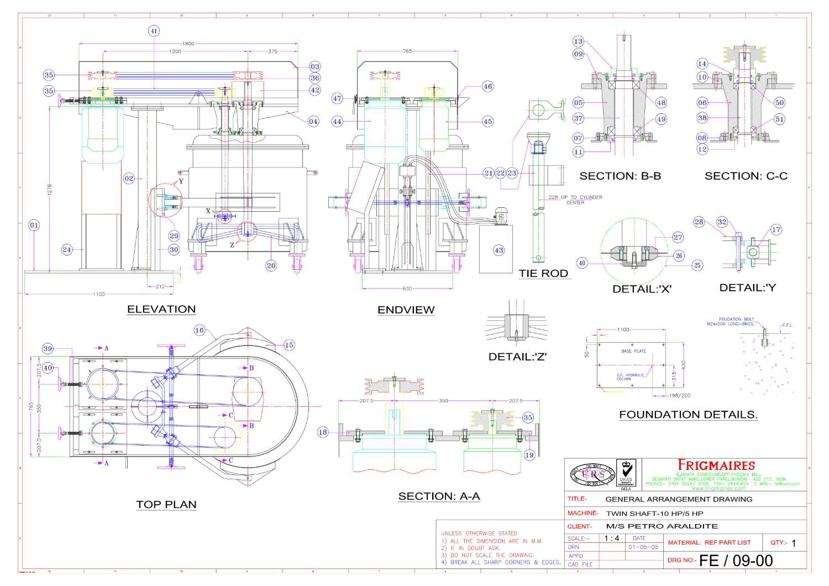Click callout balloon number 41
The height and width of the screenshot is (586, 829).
[x=154, y=31]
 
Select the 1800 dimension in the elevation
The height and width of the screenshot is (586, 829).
[x=188, y=44]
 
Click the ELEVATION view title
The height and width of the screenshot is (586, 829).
[x=161, y=310]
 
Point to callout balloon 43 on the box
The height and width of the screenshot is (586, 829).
[x=499, y=250]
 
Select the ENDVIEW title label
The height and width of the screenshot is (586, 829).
[x=406, y=310]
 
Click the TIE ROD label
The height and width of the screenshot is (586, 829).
[x=543, y=273]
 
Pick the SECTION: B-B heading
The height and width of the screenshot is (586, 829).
[x=620, y=176]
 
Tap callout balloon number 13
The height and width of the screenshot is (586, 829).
[x=578, y=41]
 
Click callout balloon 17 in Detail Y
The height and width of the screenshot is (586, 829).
[x=776, y=229]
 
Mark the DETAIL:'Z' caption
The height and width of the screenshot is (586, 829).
[x=517, y=357]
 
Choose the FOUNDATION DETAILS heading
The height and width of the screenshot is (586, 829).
[x=688, y=415]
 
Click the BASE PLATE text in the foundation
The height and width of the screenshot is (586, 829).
[x=633, y=351]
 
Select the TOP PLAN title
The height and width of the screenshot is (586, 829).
[x=166, y=505]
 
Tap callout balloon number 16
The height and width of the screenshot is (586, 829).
[x=199, y=331]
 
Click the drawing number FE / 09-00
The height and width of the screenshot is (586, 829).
[x=736, y=561]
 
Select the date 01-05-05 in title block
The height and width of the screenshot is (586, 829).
[x=643, y=547]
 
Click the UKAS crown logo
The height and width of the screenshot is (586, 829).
[x=626, y=470]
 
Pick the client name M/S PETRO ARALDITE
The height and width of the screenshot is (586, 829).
[x=662, y=526]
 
